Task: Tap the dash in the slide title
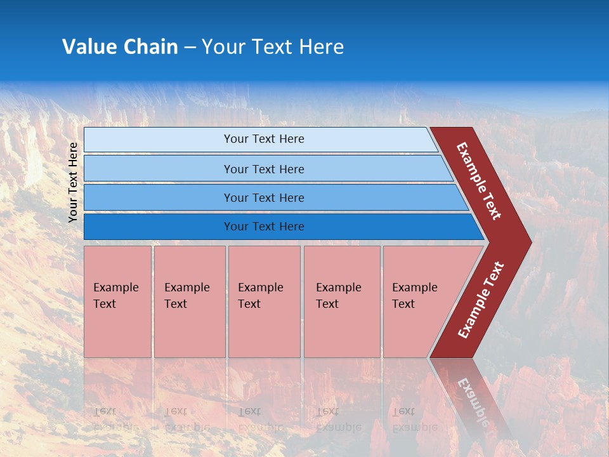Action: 190,48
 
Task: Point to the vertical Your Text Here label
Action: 73,182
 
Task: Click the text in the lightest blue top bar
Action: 264,139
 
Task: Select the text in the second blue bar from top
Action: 264,169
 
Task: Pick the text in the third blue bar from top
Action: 264,198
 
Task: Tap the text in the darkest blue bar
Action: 264,227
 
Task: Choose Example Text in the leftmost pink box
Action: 115,296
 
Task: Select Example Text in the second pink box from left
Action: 187,296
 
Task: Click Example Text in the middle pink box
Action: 260,296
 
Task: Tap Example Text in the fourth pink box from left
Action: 338,296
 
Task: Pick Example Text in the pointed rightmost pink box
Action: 414,296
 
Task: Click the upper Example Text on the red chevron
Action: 479,181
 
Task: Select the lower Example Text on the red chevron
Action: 481,300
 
